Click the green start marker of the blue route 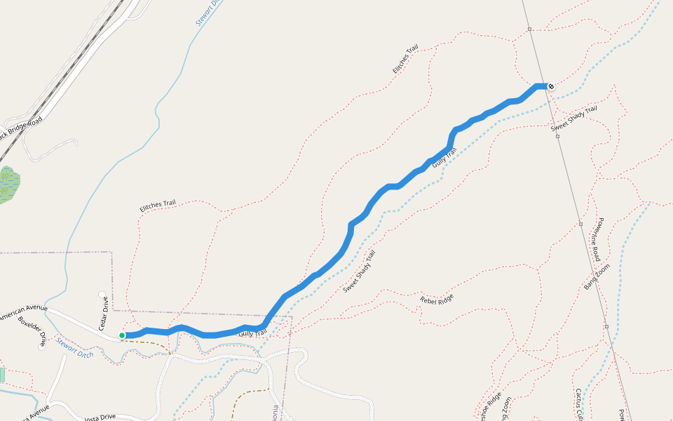[122, 335]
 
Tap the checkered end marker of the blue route [552, 86]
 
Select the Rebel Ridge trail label [437, 298]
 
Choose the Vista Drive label [99, 417]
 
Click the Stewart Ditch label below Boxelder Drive [75, 347]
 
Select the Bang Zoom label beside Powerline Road [597, 276]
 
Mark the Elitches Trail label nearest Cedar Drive [157, 205]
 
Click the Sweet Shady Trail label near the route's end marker [573, 118]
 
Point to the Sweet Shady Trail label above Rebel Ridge [360, 271]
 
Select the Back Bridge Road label [21, 128]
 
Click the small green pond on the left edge [8, 184]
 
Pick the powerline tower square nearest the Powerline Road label [580, 224]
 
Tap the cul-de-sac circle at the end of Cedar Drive [102, 295]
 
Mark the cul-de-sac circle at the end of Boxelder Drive [42, 347]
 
